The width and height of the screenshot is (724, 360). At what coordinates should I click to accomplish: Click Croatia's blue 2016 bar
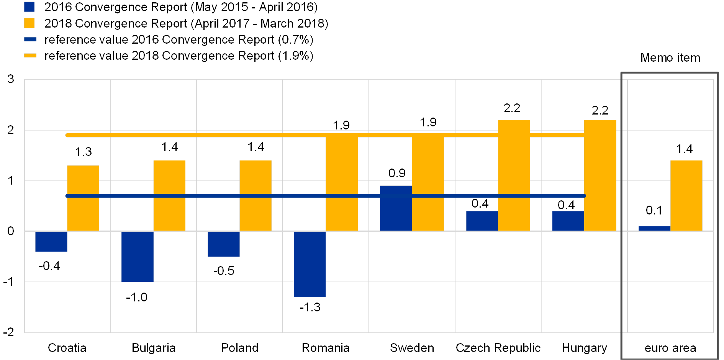51,241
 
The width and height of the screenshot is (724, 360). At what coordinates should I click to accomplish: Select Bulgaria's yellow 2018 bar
169,195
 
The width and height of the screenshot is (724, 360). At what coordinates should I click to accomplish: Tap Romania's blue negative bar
310,264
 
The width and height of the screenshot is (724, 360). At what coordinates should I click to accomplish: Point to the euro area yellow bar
686,195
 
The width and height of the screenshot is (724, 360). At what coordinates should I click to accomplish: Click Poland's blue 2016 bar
223,244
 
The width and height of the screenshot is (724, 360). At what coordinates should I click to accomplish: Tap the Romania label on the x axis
326,348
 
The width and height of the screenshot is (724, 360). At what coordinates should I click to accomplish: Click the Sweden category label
412,348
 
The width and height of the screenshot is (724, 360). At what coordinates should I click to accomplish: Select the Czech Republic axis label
498,348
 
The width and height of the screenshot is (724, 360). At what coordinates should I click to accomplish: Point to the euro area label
670,348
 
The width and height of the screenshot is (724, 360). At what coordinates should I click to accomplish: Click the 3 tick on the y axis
11,79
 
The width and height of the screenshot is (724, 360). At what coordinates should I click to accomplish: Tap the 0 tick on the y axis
11,231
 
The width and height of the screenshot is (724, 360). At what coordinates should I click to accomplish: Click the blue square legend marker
29,7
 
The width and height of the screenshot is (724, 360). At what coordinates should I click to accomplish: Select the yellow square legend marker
29,23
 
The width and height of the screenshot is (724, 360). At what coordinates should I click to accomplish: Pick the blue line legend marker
30,39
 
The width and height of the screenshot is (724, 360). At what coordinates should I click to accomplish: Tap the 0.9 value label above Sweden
397,173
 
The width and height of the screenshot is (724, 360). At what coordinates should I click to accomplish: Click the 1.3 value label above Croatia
83,152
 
